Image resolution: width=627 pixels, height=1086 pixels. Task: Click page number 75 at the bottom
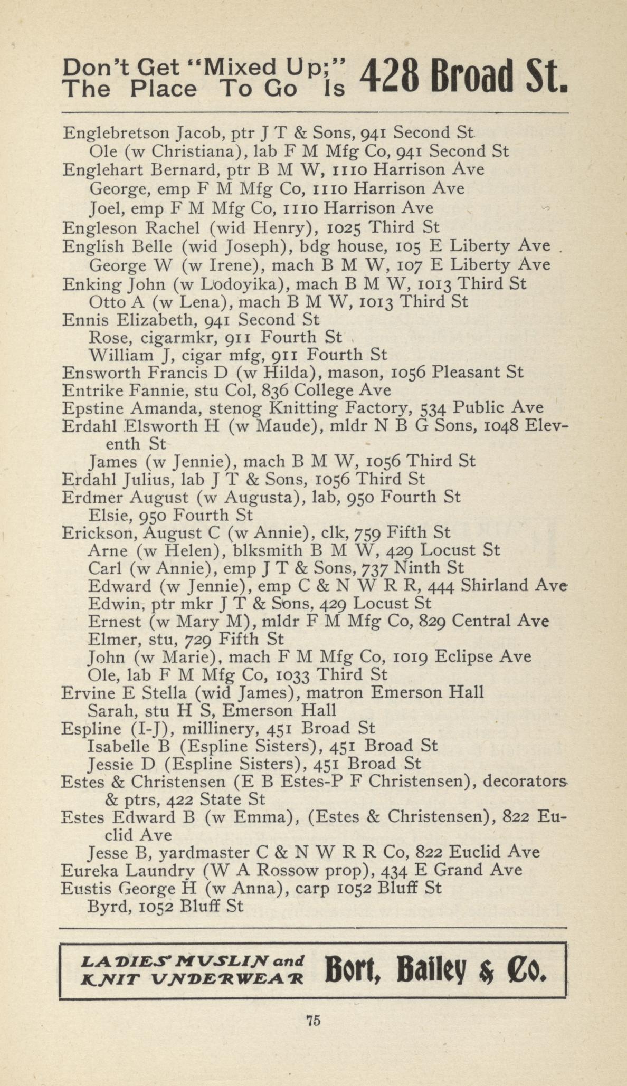[x=313, y=1035]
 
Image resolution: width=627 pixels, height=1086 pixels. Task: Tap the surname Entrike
[x=92, y=390]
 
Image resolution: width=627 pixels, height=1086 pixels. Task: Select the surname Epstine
[x=93, y=408]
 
